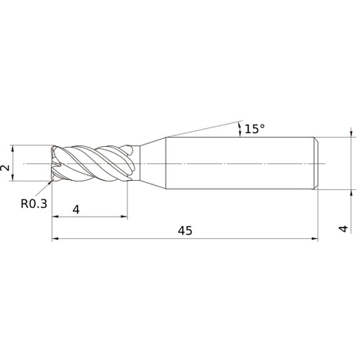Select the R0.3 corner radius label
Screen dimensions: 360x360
pyautogui.click(x=34, y=204)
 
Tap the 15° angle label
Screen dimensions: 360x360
pyautogui.click(x=255, y=129)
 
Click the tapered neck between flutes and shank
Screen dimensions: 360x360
pyautogui.click(x=150, y=163)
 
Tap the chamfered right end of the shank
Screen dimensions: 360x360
pyautogui.click(x=316, y=163)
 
